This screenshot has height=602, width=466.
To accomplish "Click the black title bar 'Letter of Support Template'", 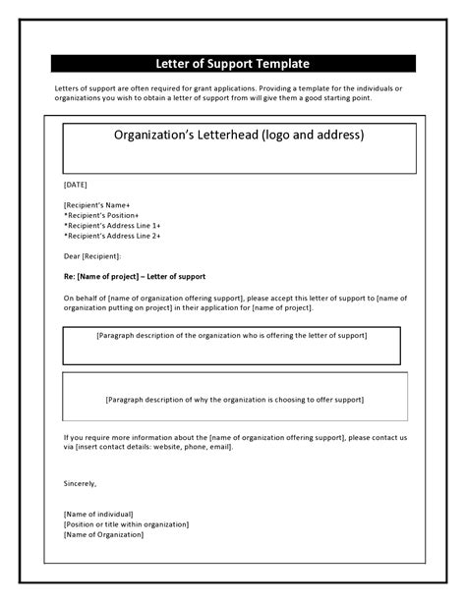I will click(233, 64).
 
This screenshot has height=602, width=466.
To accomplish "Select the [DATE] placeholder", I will click(76, 184).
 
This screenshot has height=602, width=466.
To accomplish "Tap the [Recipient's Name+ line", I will click(96, 204).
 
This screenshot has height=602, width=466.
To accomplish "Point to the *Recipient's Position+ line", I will click(101, 215).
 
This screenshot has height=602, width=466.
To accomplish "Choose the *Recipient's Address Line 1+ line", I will click(112, 226).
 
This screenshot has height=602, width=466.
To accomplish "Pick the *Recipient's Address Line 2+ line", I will click(112, 236).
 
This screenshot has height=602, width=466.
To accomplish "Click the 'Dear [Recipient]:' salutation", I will click(92, 256).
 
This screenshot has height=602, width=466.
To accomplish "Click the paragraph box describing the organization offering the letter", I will click(232, 345).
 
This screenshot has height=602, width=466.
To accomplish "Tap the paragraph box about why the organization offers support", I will click(234, 399).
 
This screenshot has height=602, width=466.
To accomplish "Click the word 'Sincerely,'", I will click(81, 483).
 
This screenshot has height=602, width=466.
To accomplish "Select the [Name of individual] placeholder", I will click(97, 514).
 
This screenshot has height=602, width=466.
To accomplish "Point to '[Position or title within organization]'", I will click(126, 523).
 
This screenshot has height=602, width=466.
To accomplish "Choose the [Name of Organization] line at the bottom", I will click(103, 534).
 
